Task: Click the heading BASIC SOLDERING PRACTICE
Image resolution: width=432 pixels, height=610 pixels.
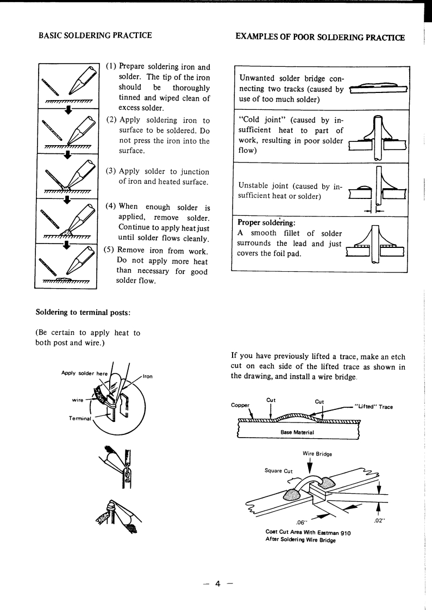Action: (x=95, y=36)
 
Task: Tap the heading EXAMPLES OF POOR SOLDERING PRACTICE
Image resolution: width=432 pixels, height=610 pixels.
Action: (x=321, y=37)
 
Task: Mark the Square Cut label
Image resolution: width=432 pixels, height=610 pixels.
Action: (x=279, y=471)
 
